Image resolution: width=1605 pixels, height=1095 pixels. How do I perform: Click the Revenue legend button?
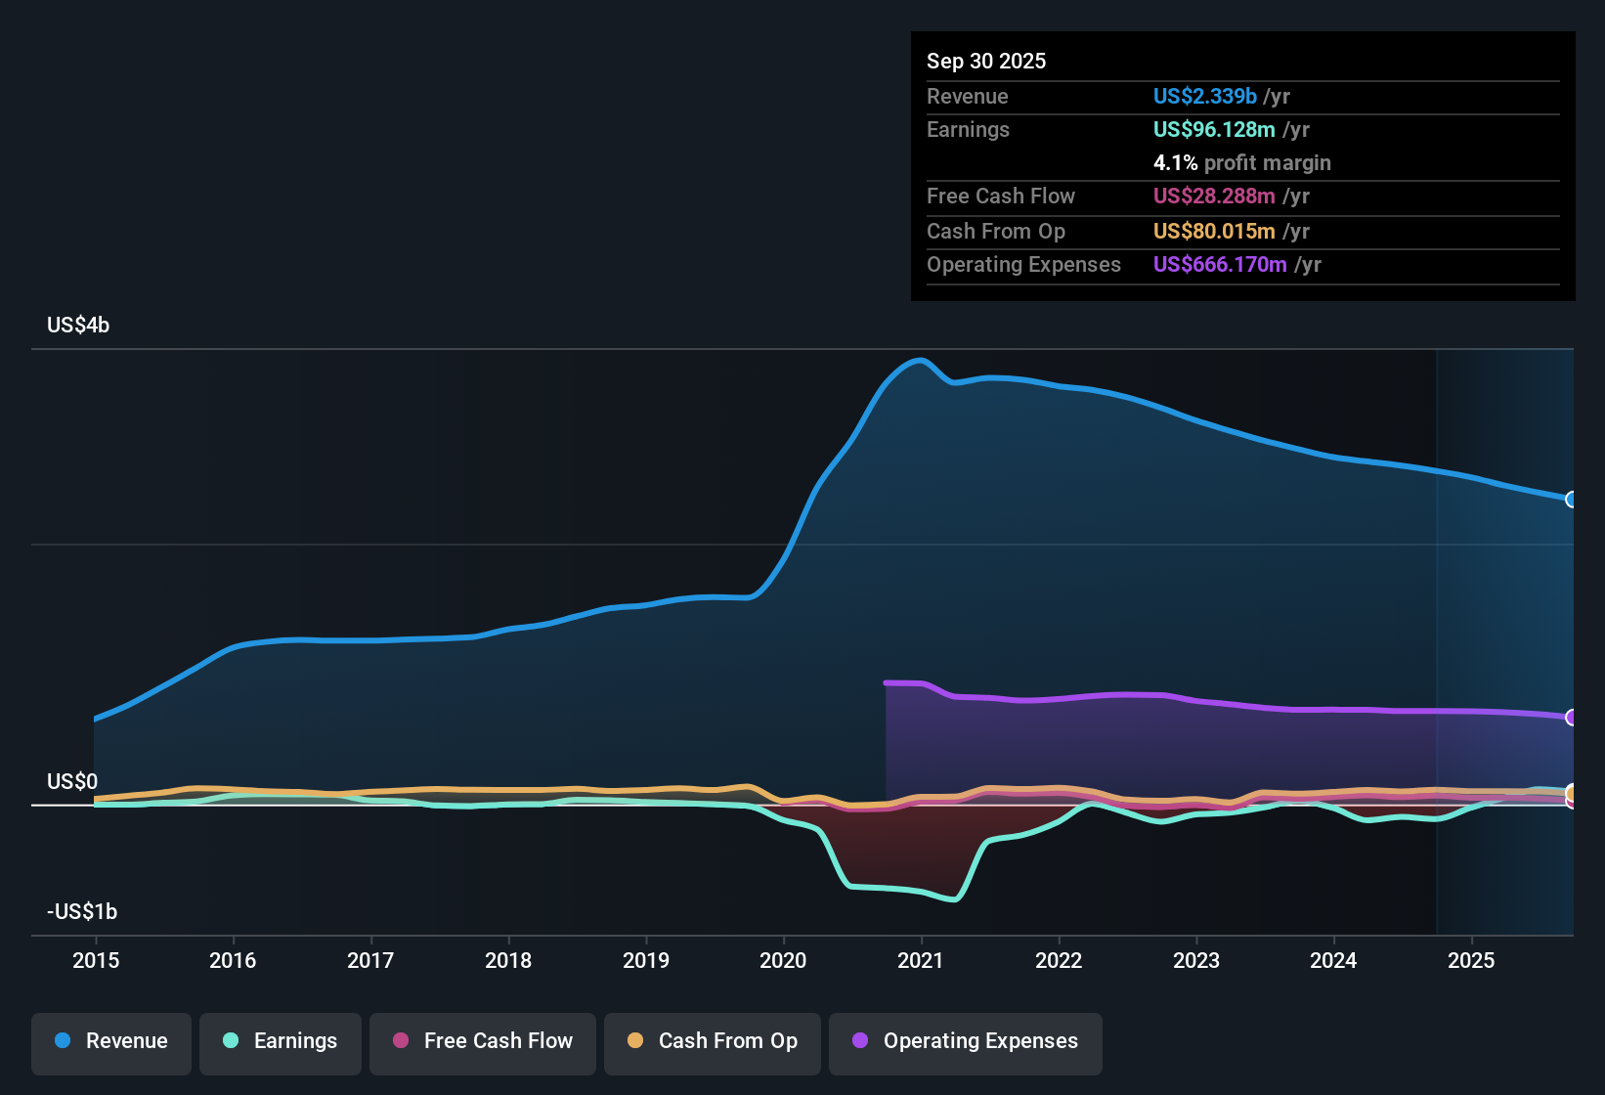coord(111,1041)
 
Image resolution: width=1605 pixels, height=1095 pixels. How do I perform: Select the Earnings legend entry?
coord(281,1041)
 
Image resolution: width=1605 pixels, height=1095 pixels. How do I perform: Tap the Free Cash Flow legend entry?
coord(483,1041)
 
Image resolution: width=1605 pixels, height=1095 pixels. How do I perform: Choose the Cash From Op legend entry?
coord(713,1041)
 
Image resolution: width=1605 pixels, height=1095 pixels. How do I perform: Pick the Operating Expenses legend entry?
coord(966,1041)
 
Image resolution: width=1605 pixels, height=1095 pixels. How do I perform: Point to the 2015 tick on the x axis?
coord(96,960)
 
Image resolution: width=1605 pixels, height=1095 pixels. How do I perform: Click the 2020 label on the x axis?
coord(783,960)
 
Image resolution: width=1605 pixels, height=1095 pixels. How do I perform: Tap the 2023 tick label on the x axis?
coord(1196,960)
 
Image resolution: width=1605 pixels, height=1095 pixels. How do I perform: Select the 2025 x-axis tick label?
coord(1471,960)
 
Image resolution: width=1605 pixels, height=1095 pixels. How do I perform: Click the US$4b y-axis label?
coord(78,326)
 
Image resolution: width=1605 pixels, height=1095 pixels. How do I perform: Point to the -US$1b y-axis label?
coord(82,912)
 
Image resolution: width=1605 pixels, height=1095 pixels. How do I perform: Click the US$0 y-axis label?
coord(72,782)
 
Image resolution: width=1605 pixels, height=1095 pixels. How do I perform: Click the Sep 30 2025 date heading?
coord(986,61)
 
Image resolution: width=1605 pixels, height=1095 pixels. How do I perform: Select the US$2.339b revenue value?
coord(1204,96)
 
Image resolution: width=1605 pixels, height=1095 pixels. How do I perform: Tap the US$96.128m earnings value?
coord(1214,130)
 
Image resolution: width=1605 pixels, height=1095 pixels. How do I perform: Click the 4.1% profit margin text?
coord(1241,163)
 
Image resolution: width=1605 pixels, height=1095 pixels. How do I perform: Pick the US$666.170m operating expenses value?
coord(1220,265)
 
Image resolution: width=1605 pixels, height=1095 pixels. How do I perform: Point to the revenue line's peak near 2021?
coord(920,360)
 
